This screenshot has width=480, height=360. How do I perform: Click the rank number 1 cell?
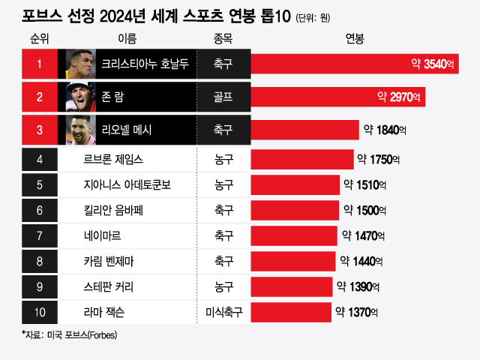pos(40,64)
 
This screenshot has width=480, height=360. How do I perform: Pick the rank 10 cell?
pos(40,311)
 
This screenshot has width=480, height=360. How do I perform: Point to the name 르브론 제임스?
pos(114,159)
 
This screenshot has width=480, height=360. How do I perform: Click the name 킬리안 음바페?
pos(114,211)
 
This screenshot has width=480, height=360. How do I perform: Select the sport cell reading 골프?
pos(223,97)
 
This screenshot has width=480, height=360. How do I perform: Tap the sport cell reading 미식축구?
pos(223,311)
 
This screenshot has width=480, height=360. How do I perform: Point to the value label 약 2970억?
pos(400,97)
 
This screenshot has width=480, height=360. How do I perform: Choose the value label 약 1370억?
pos(357,311)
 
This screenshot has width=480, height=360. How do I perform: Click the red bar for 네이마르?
pos(294,235)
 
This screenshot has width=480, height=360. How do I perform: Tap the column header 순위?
pos(40,38)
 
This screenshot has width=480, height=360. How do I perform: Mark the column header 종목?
pos(223,38)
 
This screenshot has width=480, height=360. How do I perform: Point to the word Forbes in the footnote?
pos(103,334)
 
